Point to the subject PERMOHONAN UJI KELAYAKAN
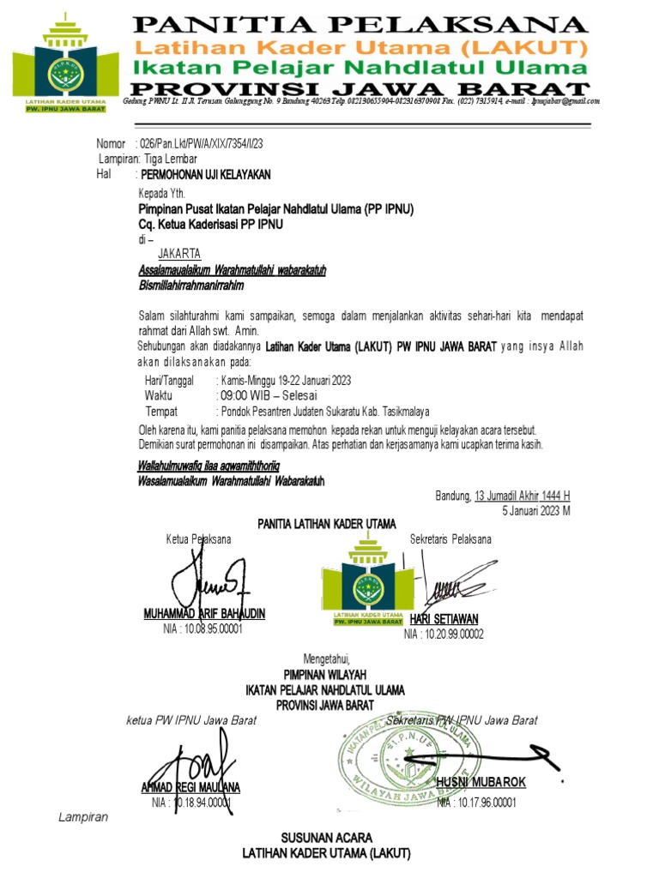click(206, 174)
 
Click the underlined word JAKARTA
click(179, 254)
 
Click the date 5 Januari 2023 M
click(536, 510)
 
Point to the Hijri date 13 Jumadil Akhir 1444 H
click(523, 496)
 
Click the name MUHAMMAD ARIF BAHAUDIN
click(204, 614)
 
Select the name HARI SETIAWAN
click(444, 619)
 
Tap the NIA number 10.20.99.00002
click(444, 634)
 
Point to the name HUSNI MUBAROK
click(481, 783)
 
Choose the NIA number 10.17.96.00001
click(476, 803)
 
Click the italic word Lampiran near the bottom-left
click(83, 817)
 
